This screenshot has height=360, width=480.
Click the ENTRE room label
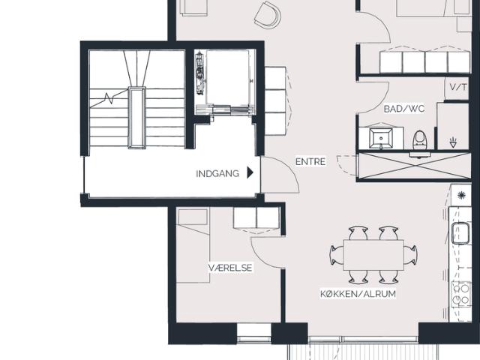[x=310, y=161]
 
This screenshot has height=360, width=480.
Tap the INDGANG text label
[x=217, y=173]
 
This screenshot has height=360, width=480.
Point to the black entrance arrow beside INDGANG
[x=250, y=172]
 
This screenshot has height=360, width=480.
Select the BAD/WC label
[x=404, y=109]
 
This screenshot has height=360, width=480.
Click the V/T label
[x=458, y=87]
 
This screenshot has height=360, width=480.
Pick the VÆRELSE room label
[x=230, y=268]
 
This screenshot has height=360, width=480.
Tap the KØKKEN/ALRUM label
[x=358, y=293]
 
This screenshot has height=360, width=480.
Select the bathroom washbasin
[x=381, y=138]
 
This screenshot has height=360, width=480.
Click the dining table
[x=373, y=255]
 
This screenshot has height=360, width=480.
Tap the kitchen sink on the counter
[x=460, y=233]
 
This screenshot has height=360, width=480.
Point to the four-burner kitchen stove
[x=461, y=294]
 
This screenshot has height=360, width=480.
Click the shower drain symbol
[x=453, y=142]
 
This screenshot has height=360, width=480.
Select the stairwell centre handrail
[x=136, y=118]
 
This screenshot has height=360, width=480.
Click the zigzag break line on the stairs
[x=109, y=98]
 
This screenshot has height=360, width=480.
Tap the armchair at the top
[x=268, y=15]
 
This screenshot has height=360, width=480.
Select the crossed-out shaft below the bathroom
[x=415, y=165]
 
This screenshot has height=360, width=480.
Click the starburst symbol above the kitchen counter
[x=461, y=195]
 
